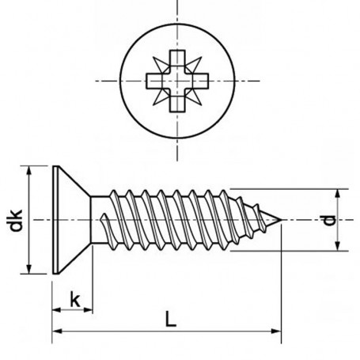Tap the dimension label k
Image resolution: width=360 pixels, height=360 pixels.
(x=74, y=298)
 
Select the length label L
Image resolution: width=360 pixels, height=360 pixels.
(x=169, y=320)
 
